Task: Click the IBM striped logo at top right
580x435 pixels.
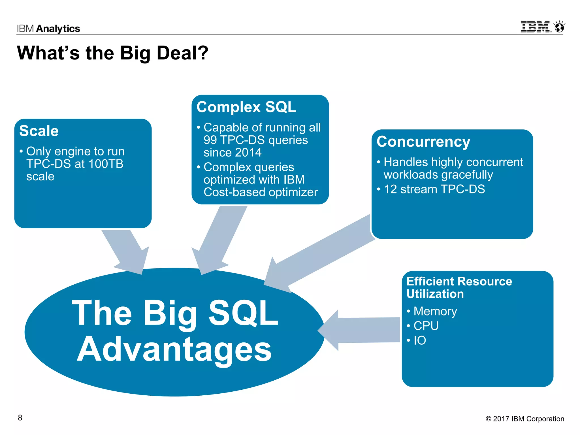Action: [535, 27]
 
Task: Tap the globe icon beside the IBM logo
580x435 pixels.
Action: [559, 27]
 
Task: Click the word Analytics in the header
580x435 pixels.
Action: [58, 29]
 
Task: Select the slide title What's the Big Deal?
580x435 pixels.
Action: [112, 53]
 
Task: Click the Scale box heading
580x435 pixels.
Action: [39, 131]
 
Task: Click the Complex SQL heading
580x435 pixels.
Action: [246, 107]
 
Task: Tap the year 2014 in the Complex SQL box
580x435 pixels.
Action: [248, 153]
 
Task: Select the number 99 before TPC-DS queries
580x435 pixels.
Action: [210, 140]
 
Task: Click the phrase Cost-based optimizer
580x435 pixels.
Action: [261, 192]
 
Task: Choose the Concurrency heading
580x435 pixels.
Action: [423, 142]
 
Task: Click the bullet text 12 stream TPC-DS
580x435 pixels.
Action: [434, 189]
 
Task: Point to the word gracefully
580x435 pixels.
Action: [467, 175]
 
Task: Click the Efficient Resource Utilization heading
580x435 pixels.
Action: [459, 287]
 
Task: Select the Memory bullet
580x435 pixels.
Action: [435, 311]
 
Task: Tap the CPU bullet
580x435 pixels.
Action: [426, 326]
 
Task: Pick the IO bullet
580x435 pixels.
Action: [419, 340]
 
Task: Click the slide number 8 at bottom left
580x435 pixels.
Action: [20, 417]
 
